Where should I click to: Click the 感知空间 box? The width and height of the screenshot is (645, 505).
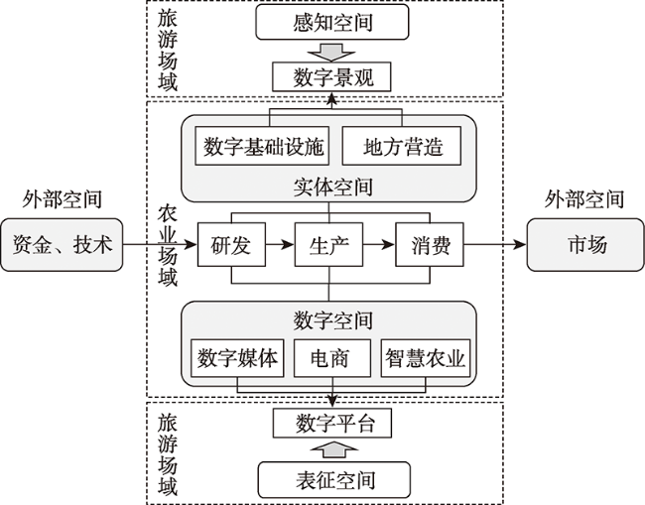pos(332,22)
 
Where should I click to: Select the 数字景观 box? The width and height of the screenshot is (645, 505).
pos(331,77)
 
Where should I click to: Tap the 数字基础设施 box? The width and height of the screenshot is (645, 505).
pos(262,146)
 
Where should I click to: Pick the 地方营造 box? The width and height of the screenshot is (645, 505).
pos(402,146)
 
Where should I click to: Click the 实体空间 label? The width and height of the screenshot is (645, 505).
pos(332,188)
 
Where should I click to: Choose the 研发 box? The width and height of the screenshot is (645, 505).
pos(231,245)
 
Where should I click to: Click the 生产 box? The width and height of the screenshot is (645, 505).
pos(328,245)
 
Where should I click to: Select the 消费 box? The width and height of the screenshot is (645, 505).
pos(430,245)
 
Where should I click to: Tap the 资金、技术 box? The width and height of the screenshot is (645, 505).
pos(62,245)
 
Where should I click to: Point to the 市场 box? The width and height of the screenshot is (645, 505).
pos(585,245)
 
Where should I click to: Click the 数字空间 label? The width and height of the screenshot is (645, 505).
pos(332,320)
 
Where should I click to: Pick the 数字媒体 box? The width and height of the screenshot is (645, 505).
pos(237,358)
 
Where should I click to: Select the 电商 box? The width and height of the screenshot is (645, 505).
pos(332,358)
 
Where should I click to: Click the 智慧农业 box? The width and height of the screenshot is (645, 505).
pos(426,358)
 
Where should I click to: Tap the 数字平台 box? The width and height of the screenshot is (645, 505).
pos(332,424)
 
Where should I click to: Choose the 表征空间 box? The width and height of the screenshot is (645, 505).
pos(334,480)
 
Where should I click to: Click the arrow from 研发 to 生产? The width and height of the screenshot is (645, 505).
pos(280,245)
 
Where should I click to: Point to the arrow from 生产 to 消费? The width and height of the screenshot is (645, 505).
pos(379,245)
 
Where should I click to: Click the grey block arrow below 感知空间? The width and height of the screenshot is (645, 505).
pos(331,52)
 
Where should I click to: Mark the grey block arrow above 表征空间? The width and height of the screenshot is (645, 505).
pos(334,449)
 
